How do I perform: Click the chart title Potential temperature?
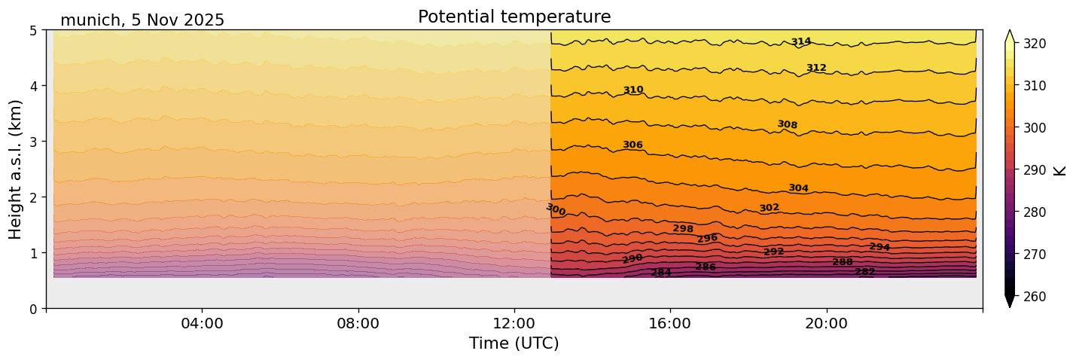coord(514,17)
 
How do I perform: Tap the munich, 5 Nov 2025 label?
coord(142,20)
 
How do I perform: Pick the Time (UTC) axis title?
coord(514,343)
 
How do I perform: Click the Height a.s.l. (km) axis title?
coord(16,169)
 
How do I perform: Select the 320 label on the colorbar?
coord(1034,44)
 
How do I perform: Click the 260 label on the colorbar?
coord(1034,297)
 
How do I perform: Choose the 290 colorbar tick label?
coord(1034,170)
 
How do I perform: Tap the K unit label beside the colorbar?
coord(1060,170)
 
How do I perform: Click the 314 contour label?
coord(801,42)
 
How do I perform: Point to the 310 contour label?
coord(633,90)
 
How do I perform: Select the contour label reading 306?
coord(632,145)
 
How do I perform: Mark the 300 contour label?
coord(556,210)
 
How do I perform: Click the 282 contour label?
coord(865,272)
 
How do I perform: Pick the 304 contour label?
coord(798,188)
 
